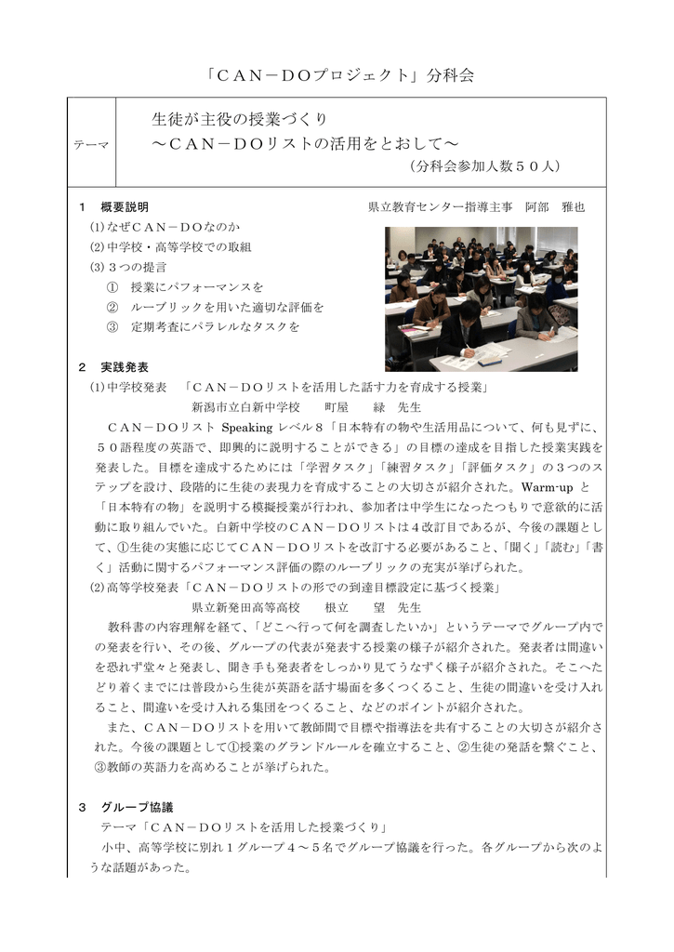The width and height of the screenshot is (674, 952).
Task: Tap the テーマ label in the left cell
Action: coord(90,145)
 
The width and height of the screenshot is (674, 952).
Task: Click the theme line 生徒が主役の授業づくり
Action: coord(239,120)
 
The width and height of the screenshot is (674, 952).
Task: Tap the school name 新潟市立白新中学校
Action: coord(245,406)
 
